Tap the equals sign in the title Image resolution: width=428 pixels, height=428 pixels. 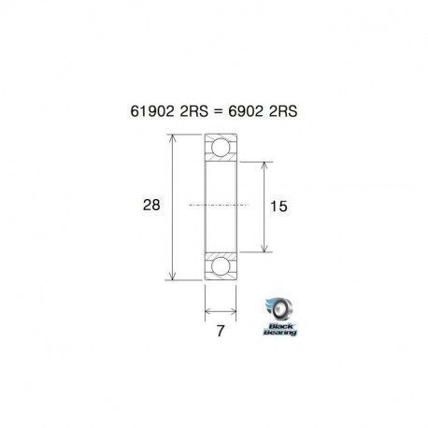(220, 110)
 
